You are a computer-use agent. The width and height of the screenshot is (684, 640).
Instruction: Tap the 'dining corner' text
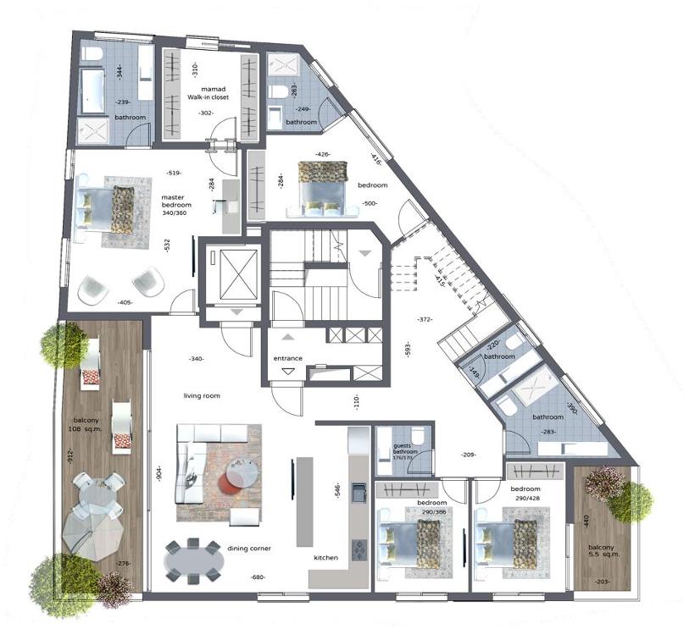click(x=248, y=549)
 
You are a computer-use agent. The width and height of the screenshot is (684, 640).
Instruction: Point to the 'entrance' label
click(x=287, y=358)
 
